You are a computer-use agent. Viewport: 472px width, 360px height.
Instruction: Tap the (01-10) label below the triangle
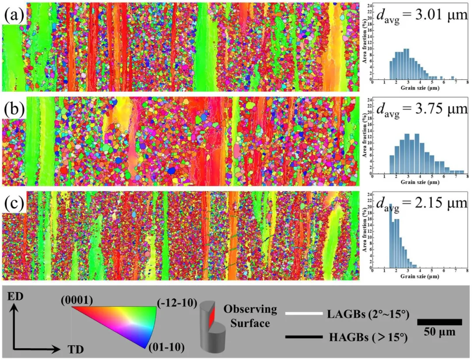(x=165, y=347)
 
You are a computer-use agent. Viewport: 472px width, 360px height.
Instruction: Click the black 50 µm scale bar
(x=439, y=322)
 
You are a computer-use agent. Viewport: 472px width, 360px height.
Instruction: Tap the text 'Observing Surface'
(x=250, y=315)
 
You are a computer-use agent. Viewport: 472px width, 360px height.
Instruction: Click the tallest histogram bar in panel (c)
(x=391, y=236)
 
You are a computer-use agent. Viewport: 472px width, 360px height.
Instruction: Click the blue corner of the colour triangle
(x=146, y=345)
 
